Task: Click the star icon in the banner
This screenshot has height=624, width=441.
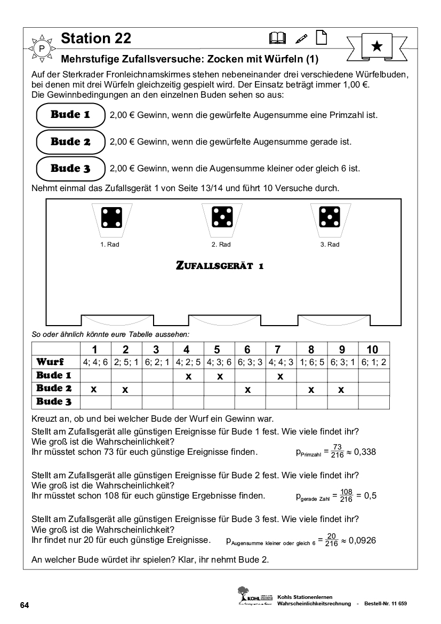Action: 376,46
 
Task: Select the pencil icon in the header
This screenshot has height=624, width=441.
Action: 301,38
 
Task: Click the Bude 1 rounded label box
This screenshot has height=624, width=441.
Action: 70,115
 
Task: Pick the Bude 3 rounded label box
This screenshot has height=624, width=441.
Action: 70,169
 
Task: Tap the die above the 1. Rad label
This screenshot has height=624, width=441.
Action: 112,217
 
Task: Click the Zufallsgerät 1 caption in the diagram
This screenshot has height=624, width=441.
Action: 220,265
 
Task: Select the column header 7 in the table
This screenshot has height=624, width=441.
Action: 277,350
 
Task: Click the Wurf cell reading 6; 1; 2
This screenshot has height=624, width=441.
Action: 373,362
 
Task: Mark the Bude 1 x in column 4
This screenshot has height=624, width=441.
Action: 188,376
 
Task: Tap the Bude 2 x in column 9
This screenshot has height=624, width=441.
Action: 341,390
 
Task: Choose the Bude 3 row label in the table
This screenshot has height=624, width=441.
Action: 54,402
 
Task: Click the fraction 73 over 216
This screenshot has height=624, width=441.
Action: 336,452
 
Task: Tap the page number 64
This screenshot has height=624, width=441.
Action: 25,605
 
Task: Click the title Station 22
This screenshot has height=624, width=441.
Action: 96,38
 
